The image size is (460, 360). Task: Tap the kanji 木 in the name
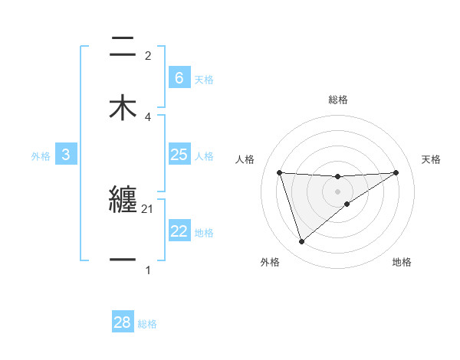point(123,107)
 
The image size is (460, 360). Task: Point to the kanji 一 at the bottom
point(123,260)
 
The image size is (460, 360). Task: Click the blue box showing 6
point(179,77)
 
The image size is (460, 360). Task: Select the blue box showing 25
point(179,155)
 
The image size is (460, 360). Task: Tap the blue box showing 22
point(179,231)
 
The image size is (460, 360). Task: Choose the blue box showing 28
point(122,322)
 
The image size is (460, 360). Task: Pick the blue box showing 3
point(66,155)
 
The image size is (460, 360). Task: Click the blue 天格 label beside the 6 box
point(204,79)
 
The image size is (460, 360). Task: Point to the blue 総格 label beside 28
point(147,324)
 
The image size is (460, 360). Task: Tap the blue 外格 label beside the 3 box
point(41,155)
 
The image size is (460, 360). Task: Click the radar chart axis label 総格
point(338,100)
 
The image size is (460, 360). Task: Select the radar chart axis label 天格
point(431,159)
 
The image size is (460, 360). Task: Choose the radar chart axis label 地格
point(402,262)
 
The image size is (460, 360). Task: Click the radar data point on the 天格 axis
point(396,172)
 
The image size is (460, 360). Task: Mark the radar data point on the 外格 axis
point(301,242)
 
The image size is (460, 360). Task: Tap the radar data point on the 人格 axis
point(280,172)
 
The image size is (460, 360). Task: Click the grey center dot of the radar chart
point(338,191)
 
